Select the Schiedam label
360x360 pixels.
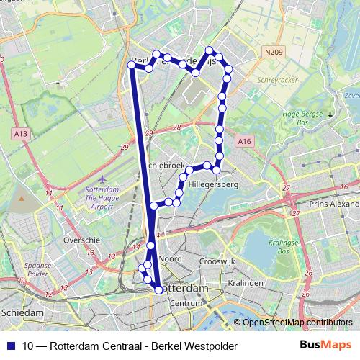pos(22,313)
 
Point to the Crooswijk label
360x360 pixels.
pos(216,261)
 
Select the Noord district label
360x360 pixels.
pos(171,258)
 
